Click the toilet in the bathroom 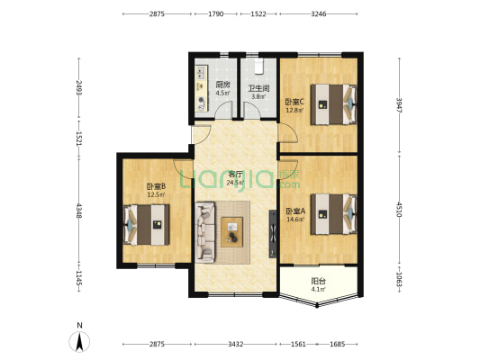pos(259,67)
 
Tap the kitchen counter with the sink pos(202,88)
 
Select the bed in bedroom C pos(334,104)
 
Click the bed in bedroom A pos(334,214)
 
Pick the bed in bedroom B pos(146,225)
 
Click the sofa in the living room pos(204,232)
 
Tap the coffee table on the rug pos(232,232)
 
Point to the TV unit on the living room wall pos(273,234)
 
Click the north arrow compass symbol pos(79,342)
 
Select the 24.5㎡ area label pos(235,183)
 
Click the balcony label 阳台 pos(319,281)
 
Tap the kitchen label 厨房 pos(222,85)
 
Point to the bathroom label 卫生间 pos(258,89)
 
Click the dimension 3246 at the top pos(319,13)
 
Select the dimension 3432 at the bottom pos(235,344)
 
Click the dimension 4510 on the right pos(399,209)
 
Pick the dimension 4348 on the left pos(79,211)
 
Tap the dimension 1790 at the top pos(216,13)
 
